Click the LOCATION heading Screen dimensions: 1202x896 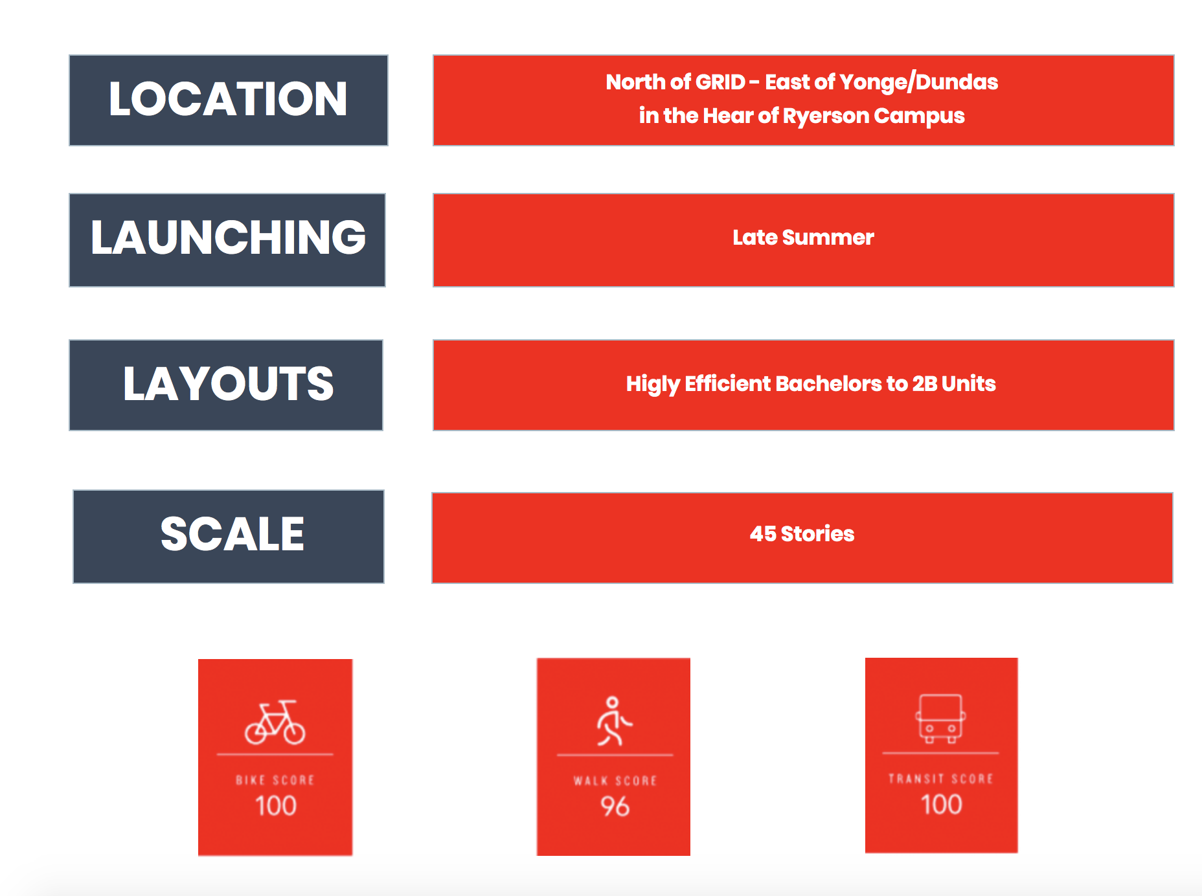pyautogui.click(x=228, y=99)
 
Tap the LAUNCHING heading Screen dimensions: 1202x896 pyautogui.click(x=228, y=238)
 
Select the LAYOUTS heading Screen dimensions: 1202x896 pyautogui.click(x=228, y=383)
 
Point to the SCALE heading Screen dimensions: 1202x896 pyautogui.click(x=232, y=534)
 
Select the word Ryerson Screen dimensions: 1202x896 pyautogui.click(x=826, y=117)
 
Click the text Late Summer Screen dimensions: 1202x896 pyautogui.click(x=803, y=238)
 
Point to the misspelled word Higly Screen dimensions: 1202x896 pyautogui.click(x=652, y=385)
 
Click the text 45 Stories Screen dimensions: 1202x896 pyautogui.click(x=802, y=534)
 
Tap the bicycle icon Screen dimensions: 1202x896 pyautogui.click(x=275, y=722)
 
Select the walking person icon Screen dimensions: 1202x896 pyautogui.click(x=613, y=721)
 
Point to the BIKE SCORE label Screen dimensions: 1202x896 pyautogui.click(x=275, y=780)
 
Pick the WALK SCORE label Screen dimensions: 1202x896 pyautogui.click(x=615, y=781)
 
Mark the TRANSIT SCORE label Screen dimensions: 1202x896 pyautogui.click(x=941, y=779)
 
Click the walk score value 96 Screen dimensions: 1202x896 pyautogui.click(x=615, y=807)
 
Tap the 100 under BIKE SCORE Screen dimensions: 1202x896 pyautogui.click(x=276, y=806)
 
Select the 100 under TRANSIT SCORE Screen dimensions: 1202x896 pyautogui.click(x=942, y=805)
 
